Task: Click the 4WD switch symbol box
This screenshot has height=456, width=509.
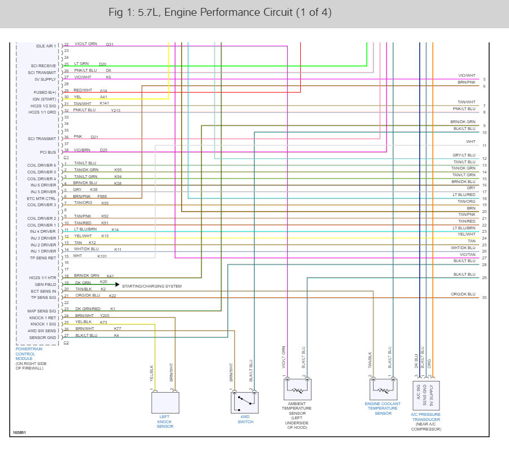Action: point(244,403)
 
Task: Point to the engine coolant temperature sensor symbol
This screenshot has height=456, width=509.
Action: point(383,389)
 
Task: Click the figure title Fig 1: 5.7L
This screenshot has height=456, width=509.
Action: point(218,13)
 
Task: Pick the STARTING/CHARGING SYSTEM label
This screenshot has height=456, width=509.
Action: point(152,286)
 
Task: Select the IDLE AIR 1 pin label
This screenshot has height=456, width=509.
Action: point(46,46)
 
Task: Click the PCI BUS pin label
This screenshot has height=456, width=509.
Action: point(49,152)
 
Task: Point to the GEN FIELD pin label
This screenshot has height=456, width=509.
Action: point(46,284)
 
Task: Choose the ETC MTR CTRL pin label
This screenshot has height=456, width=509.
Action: point(42,198)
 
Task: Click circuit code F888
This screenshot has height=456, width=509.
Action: point(102,196)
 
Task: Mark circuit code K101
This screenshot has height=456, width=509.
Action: point(102,256)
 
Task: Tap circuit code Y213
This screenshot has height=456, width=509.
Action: point(116,110)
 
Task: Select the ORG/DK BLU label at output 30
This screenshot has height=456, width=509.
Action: point(463,294)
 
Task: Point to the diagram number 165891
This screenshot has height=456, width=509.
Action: point(19,433)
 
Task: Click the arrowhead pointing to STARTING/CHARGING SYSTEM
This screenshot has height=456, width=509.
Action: point(117,284)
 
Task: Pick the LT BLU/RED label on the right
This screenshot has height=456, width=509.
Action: point(463,194)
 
